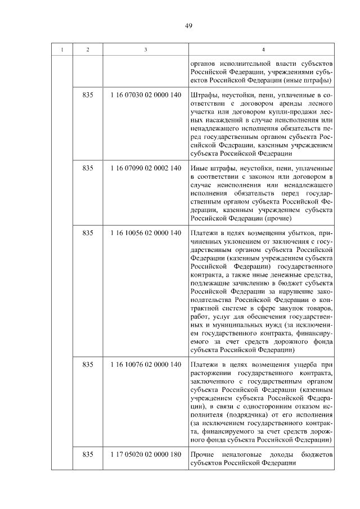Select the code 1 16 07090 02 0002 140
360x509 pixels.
pos(146,169)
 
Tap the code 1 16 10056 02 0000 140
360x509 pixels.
pos(146,233)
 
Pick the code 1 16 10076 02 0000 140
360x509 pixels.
pos(146,364)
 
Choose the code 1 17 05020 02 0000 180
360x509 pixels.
pos(146,454)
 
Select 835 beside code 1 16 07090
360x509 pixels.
pos(87,169)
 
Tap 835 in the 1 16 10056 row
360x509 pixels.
pos(87,233)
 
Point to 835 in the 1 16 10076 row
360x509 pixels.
pos(87,364)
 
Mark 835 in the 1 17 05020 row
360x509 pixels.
pos(87,454)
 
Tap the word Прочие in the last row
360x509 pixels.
pos(203,454)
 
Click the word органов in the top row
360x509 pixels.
pos(204,63)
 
